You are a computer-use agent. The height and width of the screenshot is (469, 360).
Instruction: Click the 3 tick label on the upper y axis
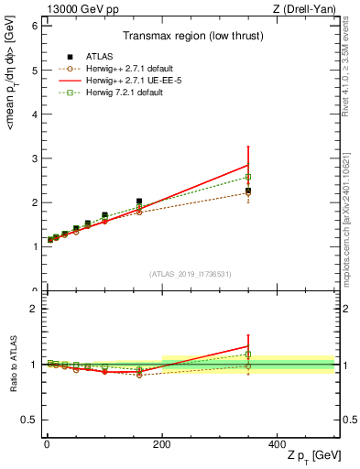[33, 158]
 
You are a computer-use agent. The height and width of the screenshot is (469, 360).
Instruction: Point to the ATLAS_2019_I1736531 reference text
[190, 273]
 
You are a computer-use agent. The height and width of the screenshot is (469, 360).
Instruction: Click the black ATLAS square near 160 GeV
[139, 202]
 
